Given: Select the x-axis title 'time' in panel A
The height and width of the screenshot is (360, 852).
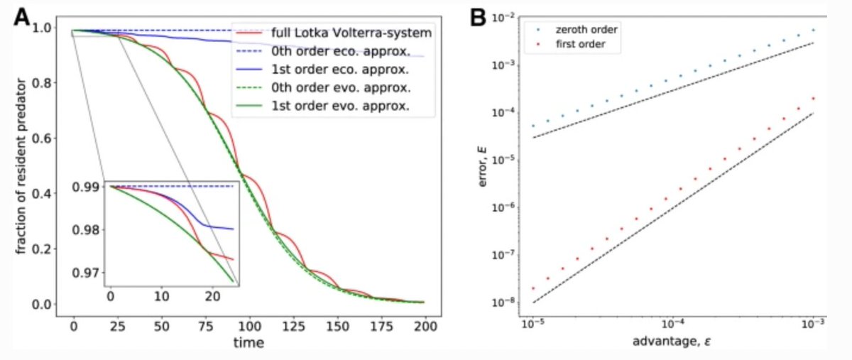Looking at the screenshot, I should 248,344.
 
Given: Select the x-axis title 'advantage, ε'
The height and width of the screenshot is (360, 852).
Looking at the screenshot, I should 671,344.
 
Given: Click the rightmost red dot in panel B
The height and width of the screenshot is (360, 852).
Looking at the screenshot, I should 813,99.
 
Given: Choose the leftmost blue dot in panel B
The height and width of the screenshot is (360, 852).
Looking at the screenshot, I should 533,126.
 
